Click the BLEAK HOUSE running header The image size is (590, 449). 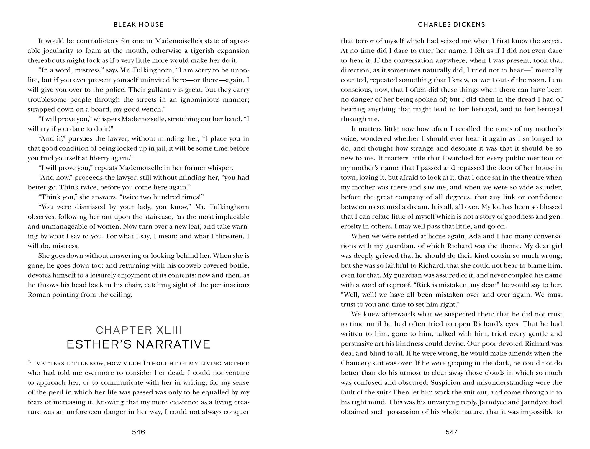coord(139,24)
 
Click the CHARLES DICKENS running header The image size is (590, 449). coord(451,24)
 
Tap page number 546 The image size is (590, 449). coord(139,432)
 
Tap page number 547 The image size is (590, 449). coord(451,432)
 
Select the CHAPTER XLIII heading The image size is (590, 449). coord(139,330)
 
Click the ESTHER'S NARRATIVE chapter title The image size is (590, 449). coord(139,344)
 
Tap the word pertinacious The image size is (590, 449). coord(228,285)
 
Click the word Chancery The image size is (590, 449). coord(356,363)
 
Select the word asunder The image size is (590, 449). coord(549,187)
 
